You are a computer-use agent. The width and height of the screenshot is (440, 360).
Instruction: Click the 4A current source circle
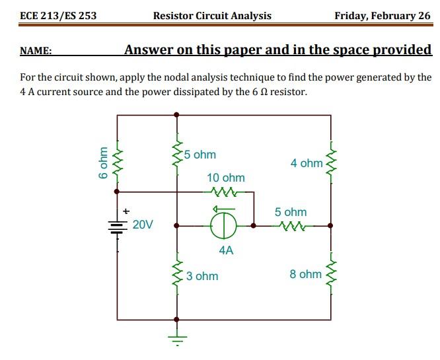click(225, 225)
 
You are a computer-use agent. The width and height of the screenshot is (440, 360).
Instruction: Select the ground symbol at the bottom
click(176, 338)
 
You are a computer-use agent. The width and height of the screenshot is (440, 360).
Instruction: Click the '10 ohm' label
click(225, 178)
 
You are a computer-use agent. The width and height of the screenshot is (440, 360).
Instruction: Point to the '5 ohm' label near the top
click(200, 155)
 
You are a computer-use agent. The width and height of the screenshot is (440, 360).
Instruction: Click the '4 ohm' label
click(306, 163)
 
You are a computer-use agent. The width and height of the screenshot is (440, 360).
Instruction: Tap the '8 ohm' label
click(305, 274)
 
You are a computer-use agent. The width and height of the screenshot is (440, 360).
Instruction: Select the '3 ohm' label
click(202, 276)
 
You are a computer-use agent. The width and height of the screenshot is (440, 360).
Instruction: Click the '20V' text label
click(143, 225)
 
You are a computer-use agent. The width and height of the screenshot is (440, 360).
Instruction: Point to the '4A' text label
click(226, 250)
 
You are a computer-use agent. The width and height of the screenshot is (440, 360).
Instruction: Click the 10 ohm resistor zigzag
click(221, 192)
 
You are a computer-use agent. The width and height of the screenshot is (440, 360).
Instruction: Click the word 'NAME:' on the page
click(36, 51)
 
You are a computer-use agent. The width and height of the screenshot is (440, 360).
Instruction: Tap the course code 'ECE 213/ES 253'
click(58, 16)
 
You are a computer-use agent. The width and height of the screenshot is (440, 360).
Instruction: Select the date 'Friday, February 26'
click(382, 16)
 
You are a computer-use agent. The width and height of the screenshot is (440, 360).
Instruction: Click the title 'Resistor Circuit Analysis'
click(211, 16)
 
